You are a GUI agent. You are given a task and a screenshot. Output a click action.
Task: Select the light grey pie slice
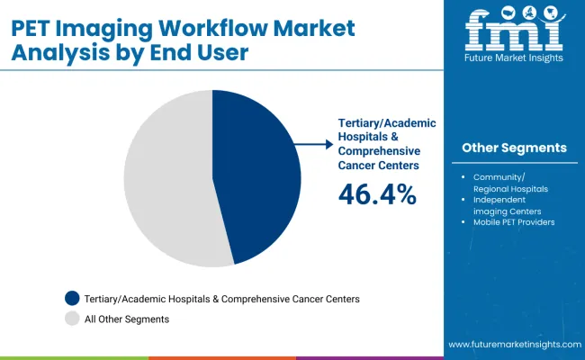click(x=166, y=180)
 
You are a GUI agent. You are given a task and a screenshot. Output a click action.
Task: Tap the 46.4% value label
click(x=377, y=193)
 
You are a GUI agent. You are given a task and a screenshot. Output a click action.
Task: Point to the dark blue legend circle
click(x=72, y=298)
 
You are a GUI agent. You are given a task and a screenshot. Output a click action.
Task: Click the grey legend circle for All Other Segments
click(x=72, y=319)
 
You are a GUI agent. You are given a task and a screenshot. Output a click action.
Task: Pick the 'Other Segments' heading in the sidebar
click(x=514, y=148)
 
